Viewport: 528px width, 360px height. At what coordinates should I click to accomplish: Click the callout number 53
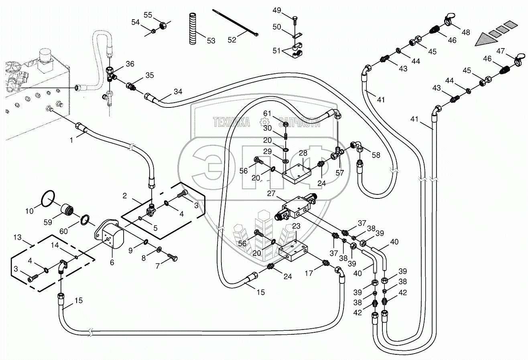211,40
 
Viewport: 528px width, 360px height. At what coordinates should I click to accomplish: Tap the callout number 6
112,262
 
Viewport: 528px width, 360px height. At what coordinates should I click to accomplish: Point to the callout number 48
465,32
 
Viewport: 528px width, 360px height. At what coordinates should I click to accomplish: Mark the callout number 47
500,51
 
